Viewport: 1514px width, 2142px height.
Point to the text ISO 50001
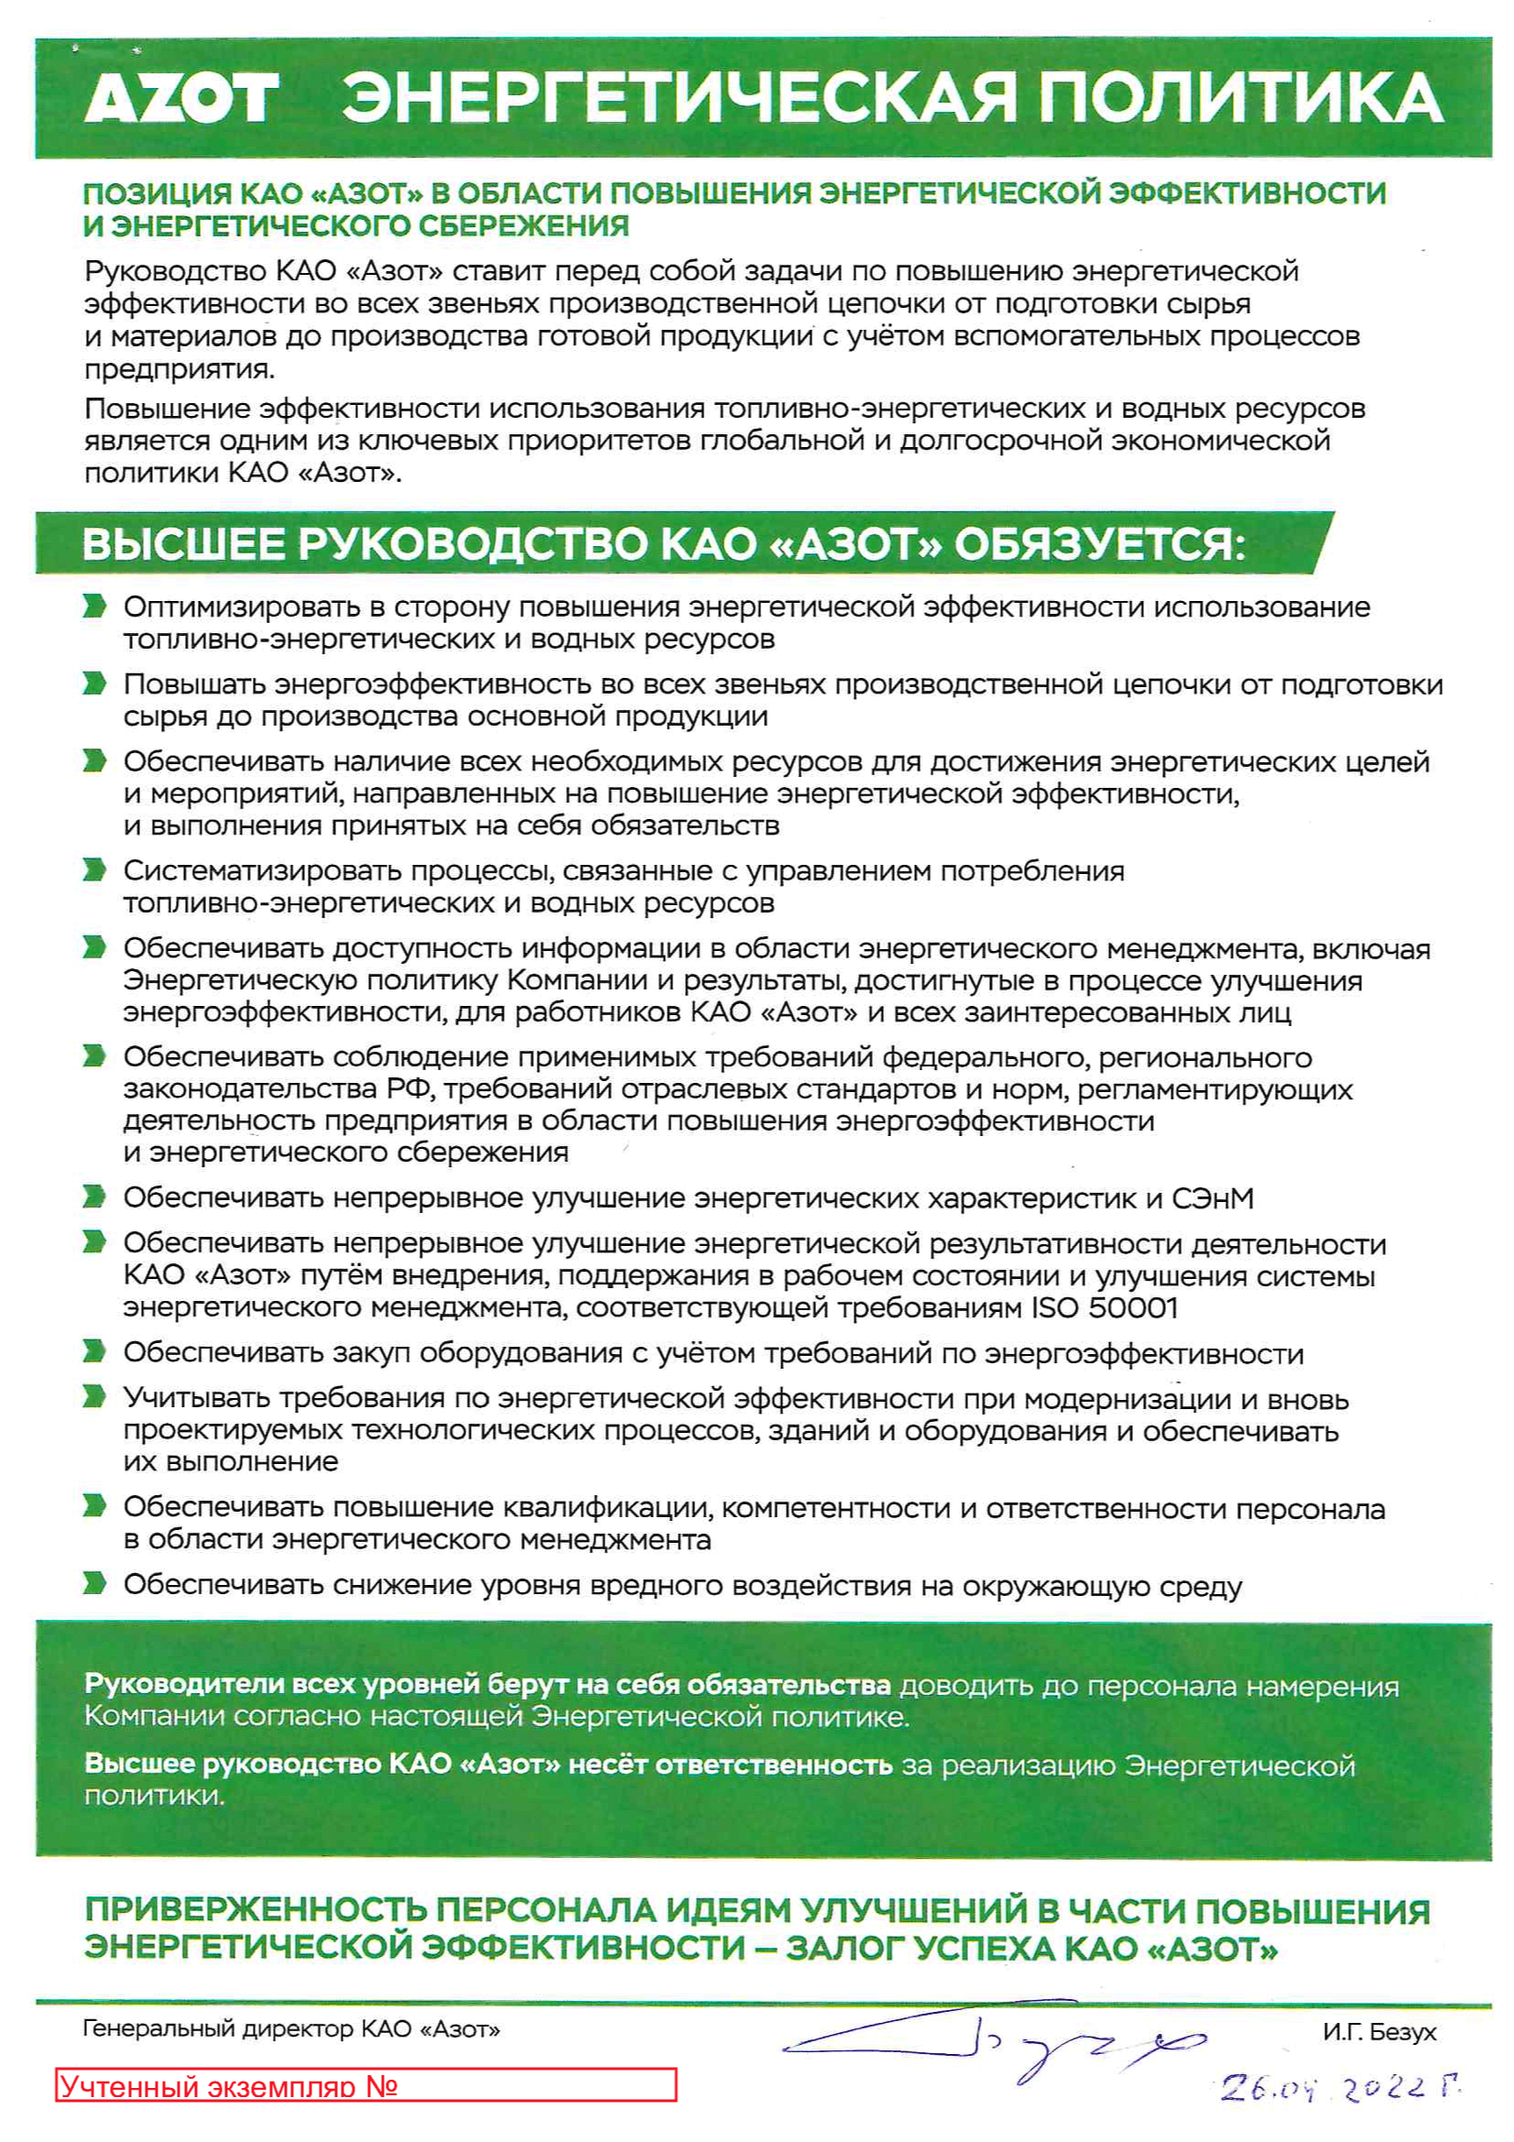[1105, 1307]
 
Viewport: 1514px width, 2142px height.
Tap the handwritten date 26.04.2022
[1338, 2087]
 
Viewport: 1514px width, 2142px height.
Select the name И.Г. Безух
[1378, 2031]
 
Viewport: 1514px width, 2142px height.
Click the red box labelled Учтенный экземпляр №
[365, 2085]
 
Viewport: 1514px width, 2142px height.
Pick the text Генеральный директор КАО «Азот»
[291, 2028]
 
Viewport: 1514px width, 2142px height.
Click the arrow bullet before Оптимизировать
[94, 607]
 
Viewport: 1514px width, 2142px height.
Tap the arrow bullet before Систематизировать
[94, 870]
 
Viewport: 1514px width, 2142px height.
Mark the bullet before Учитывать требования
[94, 1396]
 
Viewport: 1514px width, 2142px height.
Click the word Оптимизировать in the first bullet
[242, 607]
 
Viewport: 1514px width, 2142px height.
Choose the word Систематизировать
[262, 870]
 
